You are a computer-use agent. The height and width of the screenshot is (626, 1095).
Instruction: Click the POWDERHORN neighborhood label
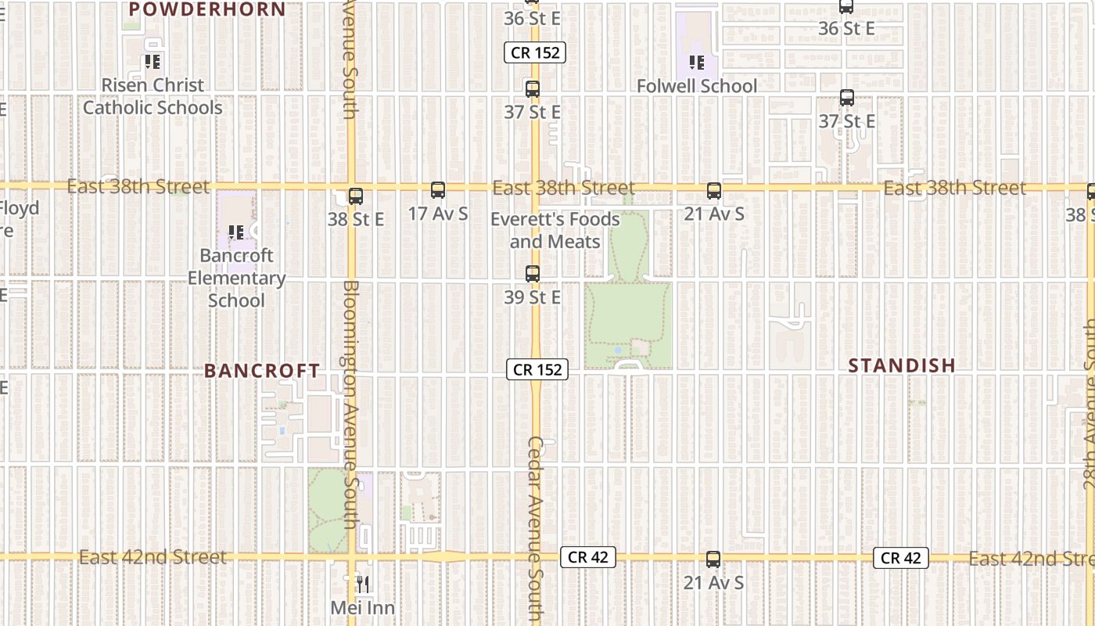(207, 9)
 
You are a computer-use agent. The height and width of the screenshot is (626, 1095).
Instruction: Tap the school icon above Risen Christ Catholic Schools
(153, 61)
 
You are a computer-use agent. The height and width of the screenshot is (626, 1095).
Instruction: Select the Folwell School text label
(696, 86)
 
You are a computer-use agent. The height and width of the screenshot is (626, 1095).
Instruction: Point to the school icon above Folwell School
(696, 62)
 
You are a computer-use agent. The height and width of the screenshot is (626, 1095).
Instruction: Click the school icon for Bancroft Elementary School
(236, 232)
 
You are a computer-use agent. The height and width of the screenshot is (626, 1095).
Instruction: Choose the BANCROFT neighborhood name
(262, 371)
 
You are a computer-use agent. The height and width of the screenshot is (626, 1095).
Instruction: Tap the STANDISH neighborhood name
(902, 365)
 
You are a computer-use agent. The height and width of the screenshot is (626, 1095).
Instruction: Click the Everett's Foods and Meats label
(555, 230)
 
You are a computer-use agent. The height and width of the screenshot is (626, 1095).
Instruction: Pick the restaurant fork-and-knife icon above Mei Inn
(362, 584)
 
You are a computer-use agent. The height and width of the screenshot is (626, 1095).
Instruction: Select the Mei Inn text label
(362, 607)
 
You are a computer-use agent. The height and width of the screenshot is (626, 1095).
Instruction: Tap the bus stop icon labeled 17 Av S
(438, 190)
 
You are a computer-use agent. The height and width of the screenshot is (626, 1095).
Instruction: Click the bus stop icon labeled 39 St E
(533, 274)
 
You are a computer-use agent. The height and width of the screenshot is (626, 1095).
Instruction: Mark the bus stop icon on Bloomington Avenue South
(356, 196)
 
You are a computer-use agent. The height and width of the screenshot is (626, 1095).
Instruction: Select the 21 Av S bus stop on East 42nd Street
(713, 559)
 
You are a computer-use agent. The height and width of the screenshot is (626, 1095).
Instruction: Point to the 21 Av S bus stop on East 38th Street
(714, 191)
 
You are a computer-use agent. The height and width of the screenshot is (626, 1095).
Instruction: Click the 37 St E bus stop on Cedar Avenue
(533, 89)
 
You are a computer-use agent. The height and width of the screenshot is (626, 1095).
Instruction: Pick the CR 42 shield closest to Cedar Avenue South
(588, 557)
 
